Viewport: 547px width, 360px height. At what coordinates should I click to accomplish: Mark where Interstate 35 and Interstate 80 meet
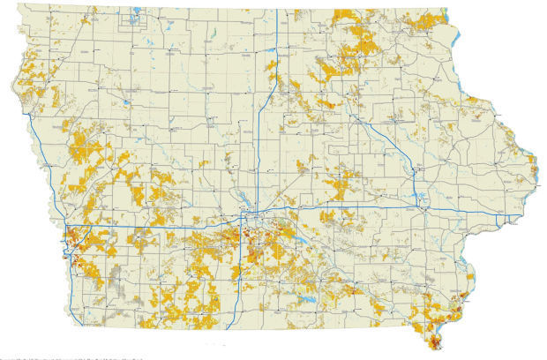[x=249, y=218]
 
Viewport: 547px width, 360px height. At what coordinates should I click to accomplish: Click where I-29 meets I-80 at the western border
[x=68, y=231]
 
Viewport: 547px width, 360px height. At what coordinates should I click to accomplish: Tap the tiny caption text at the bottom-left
[x=71, y=357]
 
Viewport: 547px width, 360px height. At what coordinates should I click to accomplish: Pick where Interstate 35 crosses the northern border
[x=277, y=11]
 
